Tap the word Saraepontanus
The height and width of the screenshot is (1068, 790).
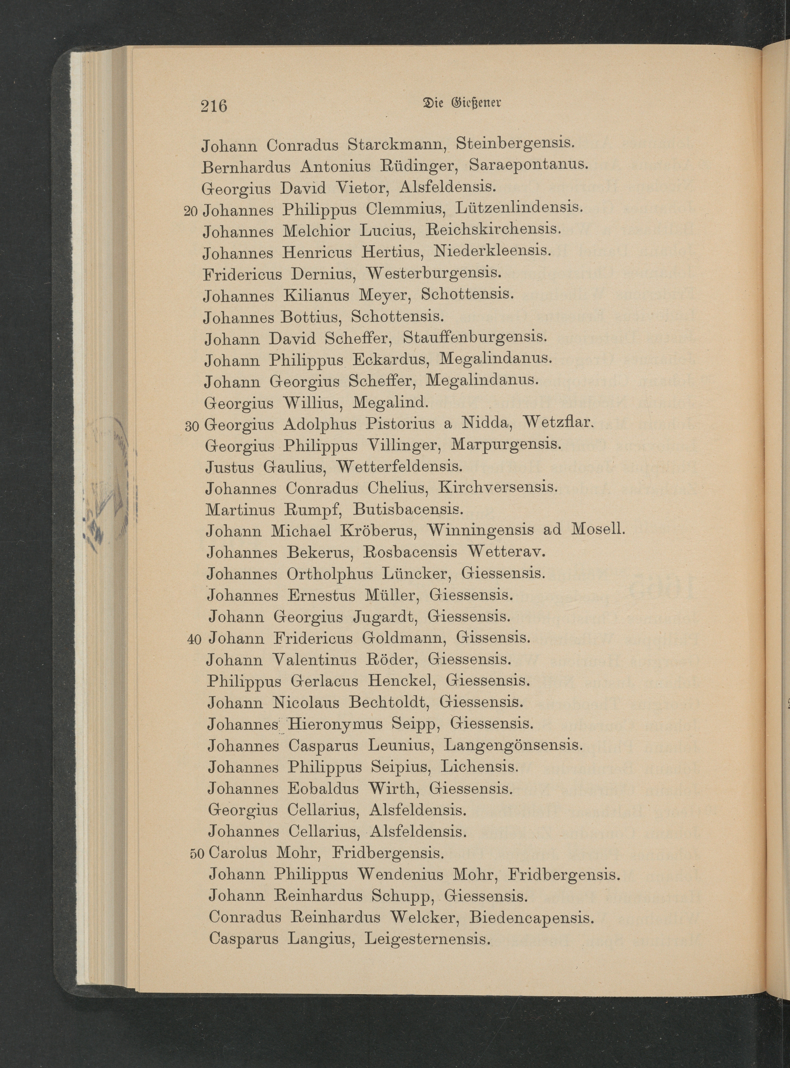[527, 165]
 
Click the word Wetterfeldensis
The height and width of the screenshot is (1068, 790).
[399, 467]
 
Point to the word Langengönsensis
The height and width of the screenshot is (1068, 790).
[513, 745]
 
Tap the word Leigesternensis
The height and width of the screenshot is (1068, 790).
[428, 939]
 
